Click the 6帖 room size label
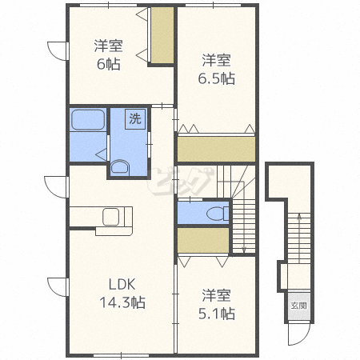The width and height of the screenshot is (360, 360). [108, 64]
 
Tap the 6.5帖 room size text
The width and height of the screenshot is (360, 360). [216, 78]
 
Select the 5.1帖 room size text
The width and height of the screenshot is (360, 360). [217, 314]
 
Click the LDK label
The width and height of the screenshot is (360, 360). [122, 285]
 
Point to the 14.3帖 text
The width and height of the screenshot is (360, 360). [122, 302]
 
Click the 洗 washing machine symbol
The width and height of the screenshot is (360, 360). [135, 118]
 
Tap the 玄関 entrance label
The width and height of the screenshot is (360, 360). [298, 306]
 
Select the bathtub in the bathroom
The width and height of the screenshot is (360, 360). [88, 120]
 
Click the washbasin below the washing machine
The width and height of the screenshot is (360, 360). [120, 168]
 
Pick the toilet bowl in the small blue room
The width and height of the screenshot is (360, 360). [218, 214]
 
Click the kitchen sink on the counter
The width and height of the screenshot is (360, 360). [111, 217]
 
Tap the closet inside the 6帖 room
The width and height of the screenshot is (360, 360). [162, 35]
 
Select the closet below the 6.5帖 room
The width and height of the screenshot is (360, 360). [216, 149]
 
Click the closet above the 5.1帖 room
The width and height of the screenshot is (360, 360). [203, 240]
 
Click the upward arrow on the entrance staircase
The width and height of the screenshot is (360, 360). [299, 239]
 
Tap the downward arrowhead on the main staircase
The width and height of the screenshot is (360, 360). [244, 250]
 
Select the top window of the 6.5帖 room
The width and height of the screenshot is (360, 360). [213, 5]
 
